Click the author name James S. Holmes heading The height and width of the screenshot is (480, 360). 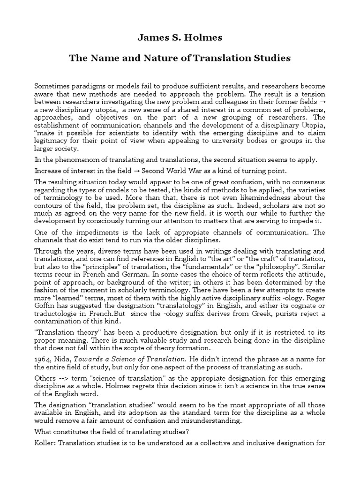(180, 37)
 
